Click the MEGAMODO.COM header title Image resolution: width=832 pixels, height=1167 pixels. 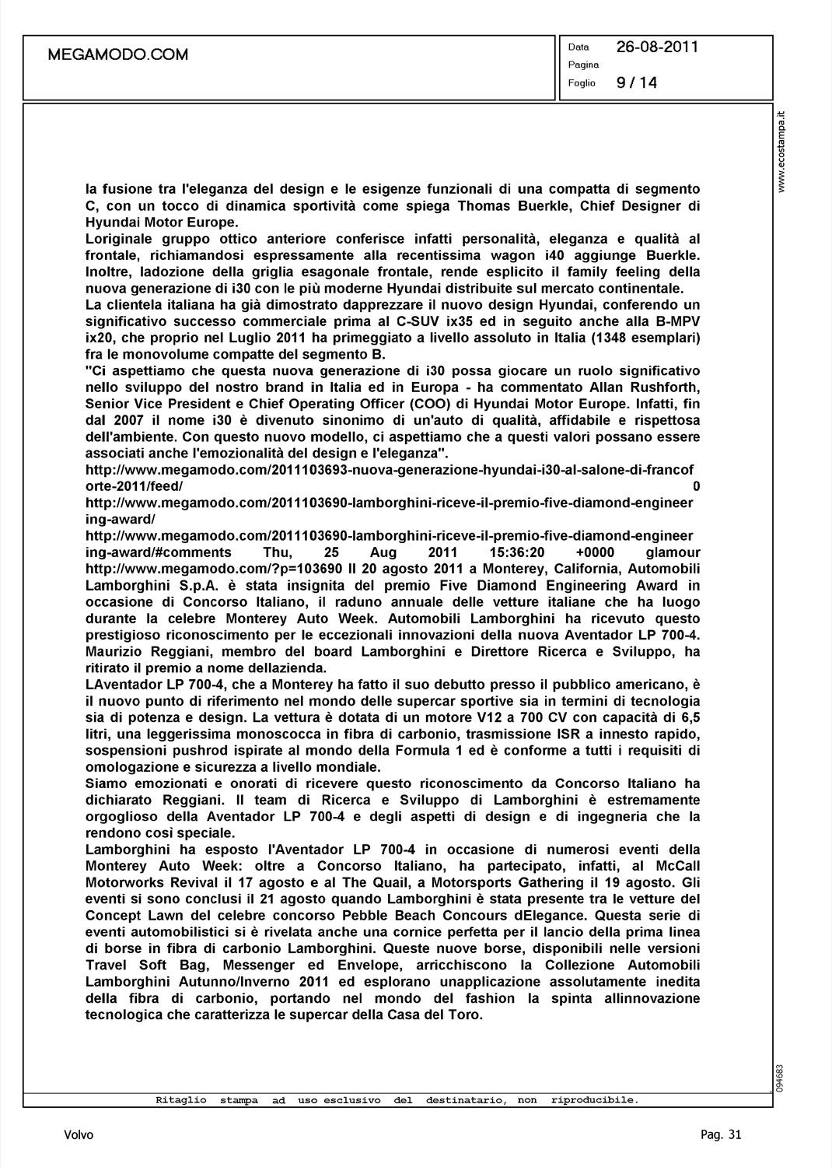[x=118, y=54]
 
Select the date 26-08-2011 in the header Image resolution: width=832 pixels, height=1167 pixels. [x=657, y=47]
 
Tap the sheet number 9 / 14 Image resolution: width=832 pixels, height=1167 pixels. [x=636, y=82]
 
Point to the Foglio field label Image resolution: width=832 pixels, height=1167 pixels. [x=582, y=83]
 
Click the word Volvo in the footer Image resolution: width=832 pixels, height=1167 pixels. [x=79, y=1135]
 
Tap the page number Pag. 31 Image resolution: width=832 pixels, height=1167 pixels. [x=721, y=1135]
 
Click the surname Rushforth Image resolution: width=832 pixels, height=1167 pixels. [x=661, y=387]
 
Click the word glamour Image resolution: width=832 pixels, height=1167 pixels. [x=673, y=553]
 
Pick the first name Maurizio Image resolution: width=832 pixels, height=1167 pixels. [x=117, y=652]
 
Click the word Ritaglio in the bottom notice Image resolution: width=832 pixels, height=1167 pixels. [x=180, y=1100]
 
